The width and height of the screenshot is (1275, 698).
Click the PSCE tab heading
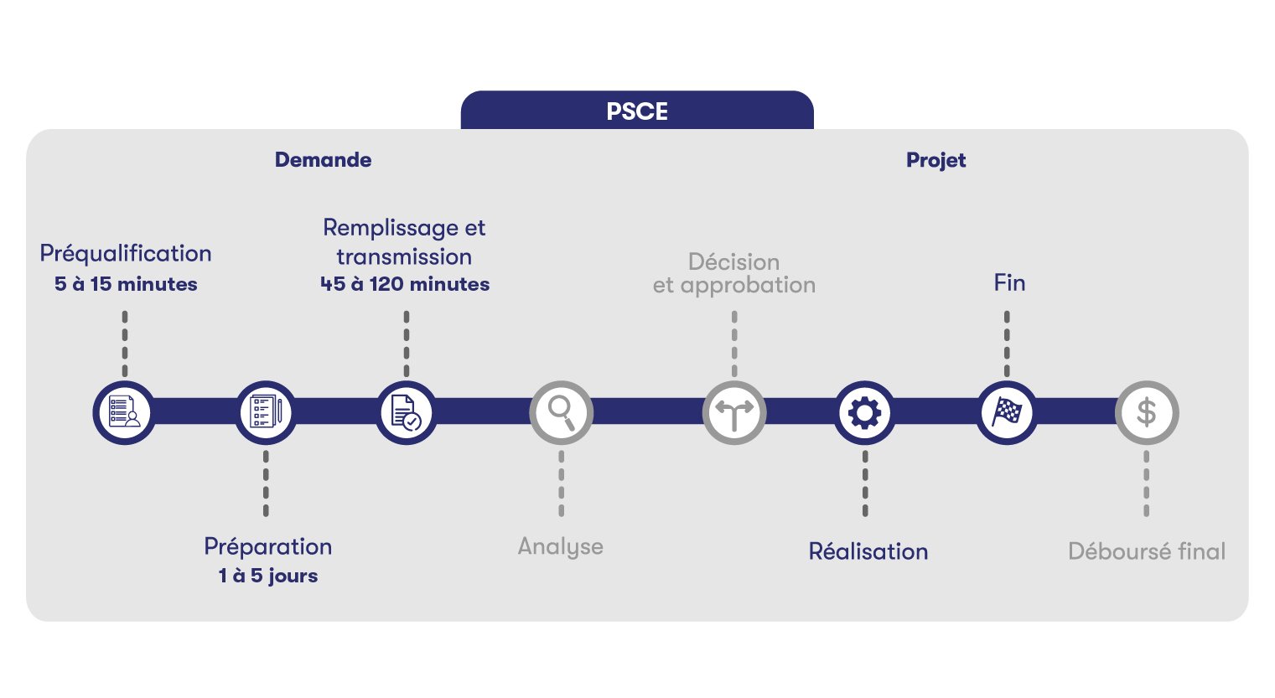pos(637,111)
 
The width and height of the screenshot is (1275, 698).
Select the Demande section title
pos(323,160)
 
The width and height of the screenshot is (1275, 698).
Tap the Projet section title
pos(936,160)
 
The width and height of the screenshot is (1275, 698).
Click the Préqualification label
pos(126,253)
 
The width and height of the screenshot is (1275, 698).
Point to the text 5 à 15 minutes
pos(126,284)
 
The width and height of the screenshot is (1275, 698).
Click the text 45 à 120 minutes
pos(405,284)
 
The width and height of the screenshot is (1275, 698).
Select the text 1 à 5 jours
pos(268,576)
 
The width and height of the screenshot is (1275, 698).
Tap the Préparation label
pos(268,546)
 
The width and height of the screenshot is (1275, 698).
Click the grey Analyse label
pos(561,546)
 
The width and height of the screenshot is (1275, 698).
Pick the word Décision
pos(733,261)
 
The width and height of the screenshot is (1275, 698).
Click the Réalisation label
pos(868,551)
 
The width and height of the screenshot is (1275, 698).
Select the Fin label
pos(1009,282)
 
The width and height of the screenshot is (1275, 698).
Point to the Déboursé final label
pos(1147,551)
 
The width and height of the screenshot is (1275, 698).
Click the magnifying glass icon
pos(561,412)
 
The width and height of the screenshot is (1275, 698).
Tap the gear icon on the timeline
pos(865,412)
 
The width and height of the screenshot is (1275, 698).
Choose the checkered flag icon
pos(1007,412)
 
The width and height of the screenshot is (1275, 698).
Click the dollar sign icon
pos(1146,412)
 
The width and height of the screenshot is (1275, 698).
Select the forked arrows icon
pos(734,412)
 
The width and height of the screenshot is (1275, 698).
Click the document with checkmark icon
pos(406,412)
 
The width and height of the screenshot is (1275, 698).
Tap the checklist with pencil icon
pos(266,412)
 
